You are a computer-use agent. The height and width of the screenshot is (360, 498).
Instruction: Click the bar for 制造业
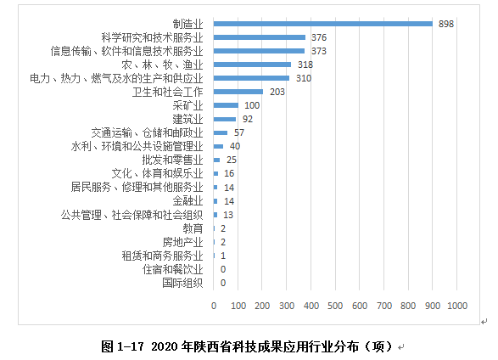point(323,24)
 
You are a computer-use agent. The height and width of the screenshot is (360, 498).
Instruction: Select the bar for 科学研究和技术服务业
point(260,37)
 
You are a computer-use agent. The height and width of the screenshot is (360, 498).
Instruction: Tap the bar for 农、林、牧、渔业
point(252,65)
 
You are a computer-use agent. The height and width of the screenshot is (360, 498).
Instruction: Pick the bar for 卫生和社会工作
point(238,92)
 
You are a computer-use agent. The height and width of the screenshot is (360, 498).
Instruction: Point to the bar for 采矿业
point(226,105)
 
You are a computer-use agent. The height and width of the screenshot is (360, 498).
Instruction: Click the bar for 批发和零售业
point(216,160)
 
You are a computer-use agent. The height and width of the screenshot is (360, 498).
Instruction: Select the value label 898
point(446,24)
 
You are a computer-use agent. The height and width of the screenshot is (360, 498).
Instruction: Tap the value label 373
point(318,51)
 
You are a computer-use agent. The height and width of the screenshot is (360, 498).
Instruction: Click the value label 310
point(304,78)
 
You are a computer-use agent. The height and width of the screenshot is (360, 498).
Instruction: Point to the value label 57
point(239,132)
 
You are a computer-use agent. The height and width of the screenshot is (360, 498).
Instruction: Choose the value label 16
point(229,173)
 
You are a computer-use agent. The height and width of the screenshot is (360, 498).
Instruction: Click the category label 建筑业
point(187,119)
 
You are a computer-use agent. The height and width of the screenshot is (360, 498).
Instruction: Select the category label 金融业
point(187,201)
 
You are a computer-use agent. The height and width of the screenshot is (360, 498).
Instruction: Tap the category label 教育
point(193,228)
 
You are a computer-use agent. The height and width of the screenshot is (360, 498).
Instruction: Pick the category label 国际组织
point(182,283)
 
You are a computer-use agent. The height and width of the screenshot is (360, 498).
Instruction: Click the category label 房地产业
point(182,242)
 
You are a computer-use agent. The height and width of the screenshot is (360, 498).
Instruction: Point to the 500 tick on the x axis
point(335,306)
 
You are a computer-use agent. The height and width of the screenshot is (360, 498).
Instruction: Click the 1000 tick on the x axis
point(457,306)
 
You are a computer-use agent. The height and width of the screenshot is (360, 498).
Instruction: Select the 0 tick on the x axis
point(214,306)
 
